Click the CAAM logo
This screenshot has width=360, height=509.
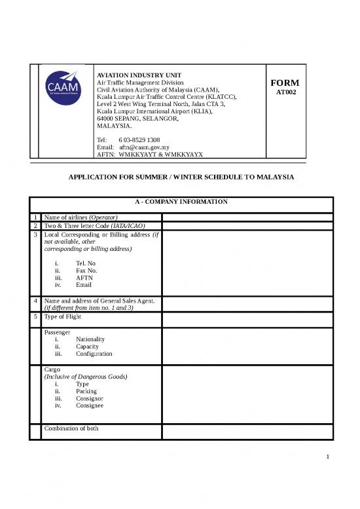[63, 88]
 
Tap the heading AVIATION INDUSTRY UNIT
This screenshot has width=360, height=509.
[139, 75]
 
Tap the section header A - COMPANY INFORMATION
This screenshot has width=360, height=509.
[181, 202]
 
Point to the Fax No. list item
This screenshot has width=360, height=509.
[86, 270]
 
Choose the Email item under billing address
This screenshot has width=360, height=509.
[83, 285]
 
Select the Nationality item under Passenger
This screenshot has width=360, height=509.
[90, 339]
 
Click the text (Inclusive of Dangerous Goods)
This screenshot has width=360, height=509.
[84, 377]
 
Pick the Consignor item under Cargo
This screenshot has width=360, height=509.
[89, 398]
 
